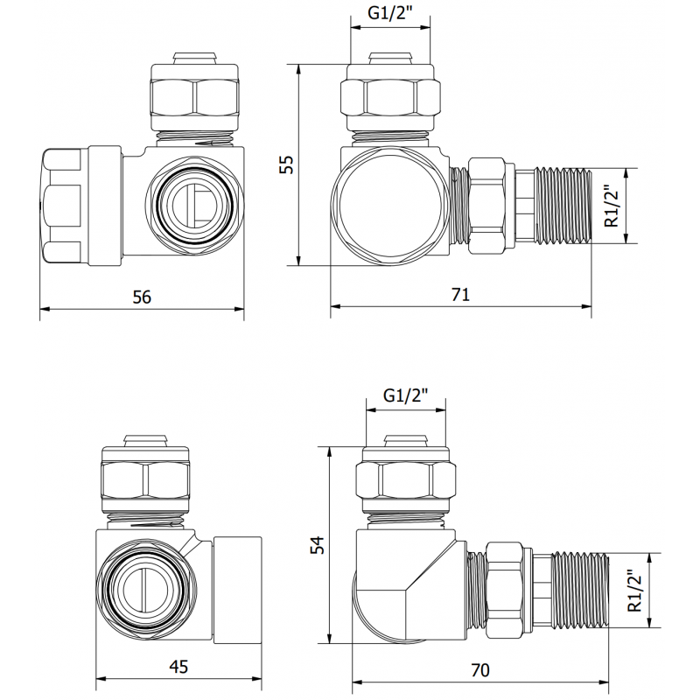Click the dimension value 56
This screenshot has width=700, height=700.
tap(142, 297)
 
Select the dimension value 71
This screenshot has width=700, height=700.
tap(460, 295)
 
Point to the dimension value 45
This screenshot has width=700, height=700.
tap(178, 668)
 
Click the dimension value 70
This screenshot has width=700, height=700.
tap(479, 671)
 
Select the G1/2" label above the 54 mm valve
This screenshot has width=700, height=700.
tap(405, 395)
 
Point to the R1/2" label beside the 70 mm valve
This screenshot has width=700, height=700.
tap(636, 590)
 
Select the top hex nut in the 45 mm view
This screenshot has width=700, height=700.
tap(146, 479)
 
